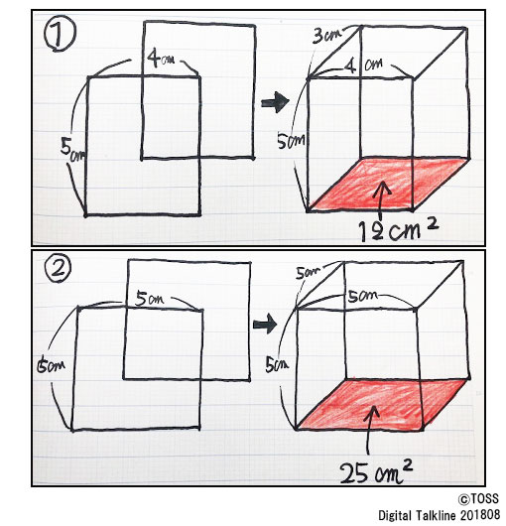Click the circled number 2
pos(59,269)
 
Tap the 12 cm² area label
pos(398,230)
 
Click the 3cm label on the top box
pos(327,36)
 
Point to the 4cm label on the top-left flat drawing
pos(161,59)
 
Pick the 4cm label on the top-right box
pos(364,65)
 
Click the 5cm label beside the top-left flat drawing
pos(72,149)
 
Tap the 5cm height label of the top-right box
pos(291,141)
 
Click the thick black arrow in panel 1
pos(275,102)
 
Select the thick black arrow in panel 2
pos(265,325)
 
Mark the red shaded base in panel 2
pos(382,404)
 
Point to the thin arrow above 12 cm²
pos(381,200)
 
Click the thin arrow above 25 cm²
pos(370,430)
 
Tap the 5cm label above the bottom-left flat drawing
pos(149,299)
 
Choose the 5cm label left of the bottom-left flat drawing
pos(51,365)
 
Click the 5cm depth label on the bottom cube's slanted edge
pos(308,273)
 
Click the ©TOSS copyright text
pos(479,498)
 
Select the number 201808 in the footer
pos(480,515)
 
